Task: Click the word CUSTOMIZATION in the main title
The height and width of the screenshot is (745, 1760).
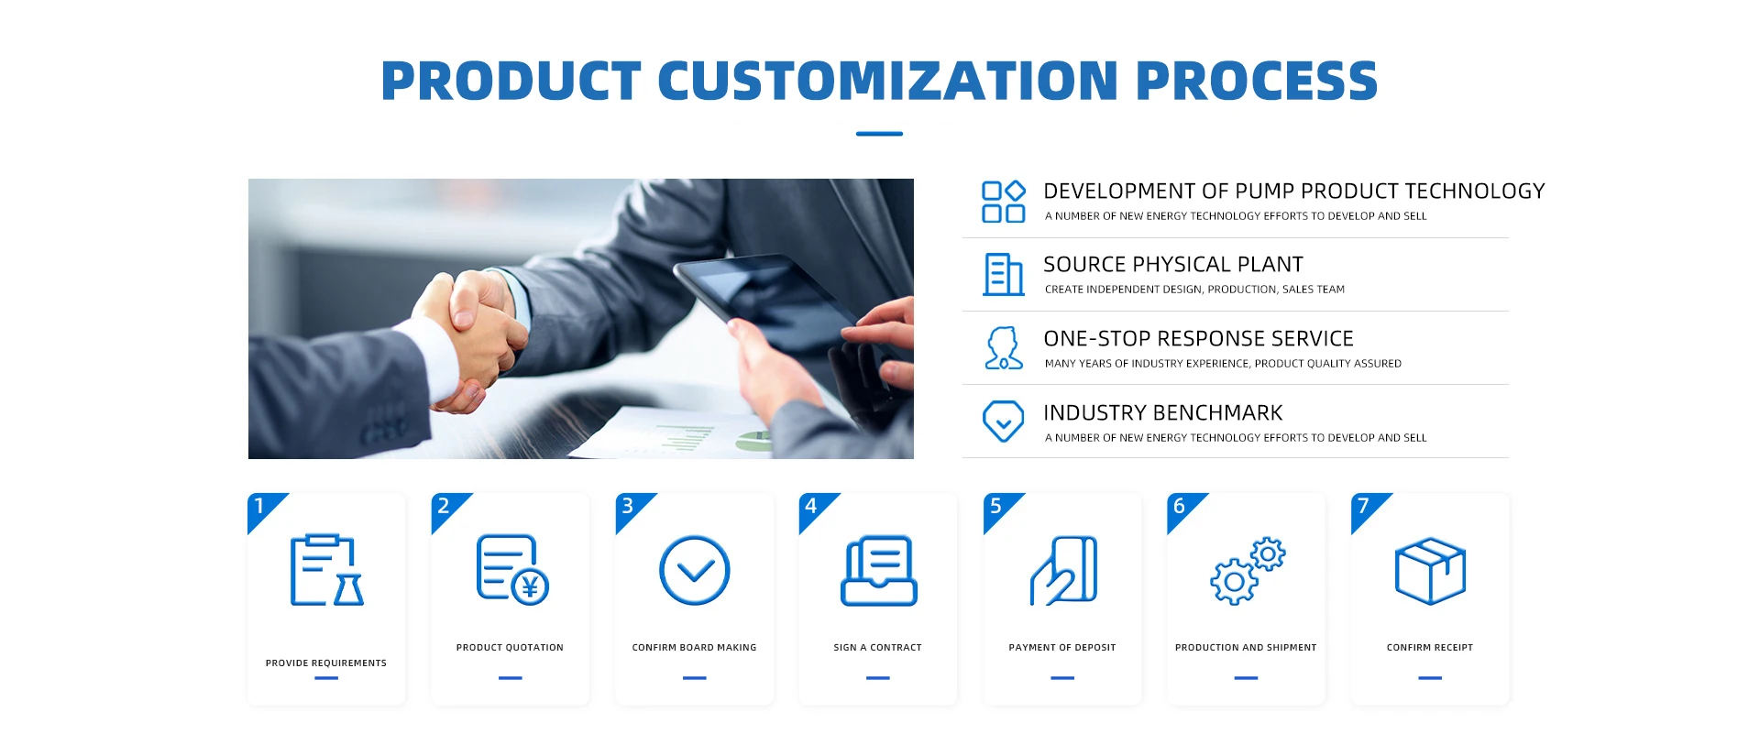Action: (887, 81)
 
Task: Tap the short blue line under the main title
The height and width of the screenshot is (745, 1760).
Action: (879, 134)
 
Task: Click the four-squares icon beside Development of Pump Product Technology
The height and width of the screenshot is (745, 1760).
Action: (1003, 202)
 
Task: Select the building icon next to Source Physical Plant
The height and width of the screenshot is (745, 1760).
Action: (1003, 275)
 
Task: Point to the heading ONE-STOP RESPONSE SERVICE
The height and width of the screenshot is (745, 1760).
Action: (1198, 339)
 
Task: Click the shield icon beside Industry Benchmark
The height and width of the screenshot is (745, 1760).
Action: (1003, 422)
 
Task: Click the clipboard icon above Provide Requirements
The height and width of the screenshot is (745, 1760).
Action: (326, 570)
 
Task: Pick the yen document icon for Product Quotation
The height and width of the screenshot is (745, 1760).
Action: (512, 570)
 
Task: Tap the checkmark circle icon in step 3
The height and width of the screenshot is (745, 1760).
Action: (695, 570)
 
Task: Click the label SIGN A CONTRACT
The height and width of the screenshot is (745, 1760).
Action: (877, 648)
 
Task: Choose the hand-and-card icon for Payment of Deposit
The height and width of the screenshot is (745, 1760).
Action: (1063, 570)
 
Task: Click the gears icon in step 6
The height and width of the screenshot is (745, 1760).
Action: (1247, 570)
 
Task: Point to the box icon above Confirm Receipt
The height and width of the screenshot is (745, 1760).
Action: (1430, 570)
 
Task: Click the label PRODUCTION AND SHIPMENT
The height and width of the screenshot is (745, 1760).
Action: (1246, 648)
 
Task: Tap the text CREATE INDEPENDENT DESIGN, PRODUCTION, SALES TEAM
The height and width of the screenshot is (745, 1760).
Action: (1194, 290)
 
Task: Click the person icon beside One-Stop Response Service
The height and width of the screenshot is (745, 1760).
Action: (1003, 348)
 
